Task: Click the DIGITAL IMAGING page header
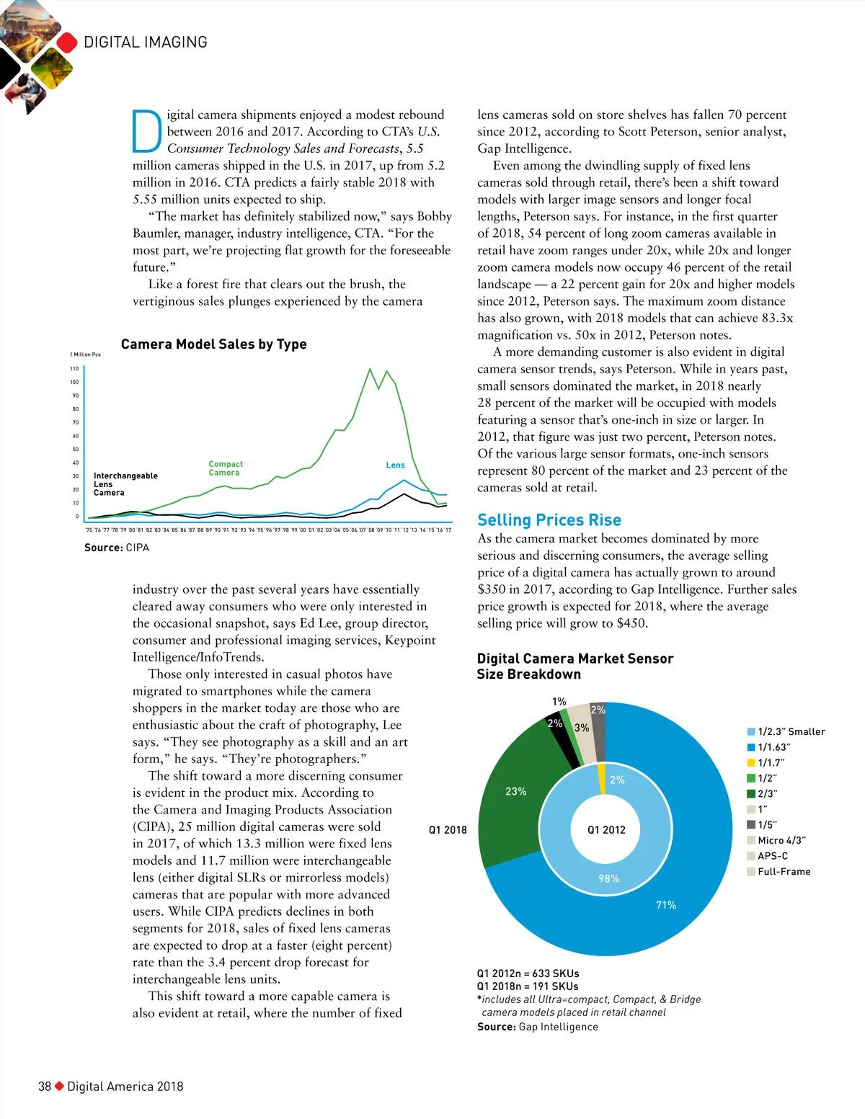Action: pos(146,43)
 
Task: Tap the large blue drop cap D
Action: pos(147,132)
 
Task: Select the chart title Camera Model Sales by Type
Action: pos(213,344)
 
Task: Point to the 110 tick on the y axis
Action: pos(74,369)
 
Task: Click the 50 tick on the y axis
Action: pos(76,450)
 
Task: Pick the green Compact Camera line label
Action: pos(225,468)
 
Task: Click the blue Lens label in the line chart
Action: pos(395,465)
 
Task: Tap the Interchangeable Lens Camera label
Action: pos(125,484)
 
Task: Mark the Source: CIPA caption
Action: pos(117,548)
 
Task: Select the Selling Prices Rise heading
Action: pos(549,520)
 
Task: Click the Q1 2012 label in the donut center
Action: pos(606,830)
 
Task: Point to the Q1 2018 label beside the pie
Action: pos(448,830)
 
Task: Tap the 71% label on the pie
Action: pos(665,905)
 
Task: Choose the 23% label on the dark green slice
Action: pos(515,791)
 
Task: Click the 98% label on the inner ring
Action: pos(608,878)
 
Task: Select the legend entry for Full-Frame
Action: pos(784,872)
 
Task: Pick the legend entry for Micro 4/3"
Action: pos(781,840)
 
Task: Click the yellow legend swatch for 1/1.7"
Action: pos(751,763)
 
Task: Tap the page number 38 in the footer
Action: pos(45,1087)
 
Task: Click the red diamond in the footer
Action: pos(60,1086)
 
